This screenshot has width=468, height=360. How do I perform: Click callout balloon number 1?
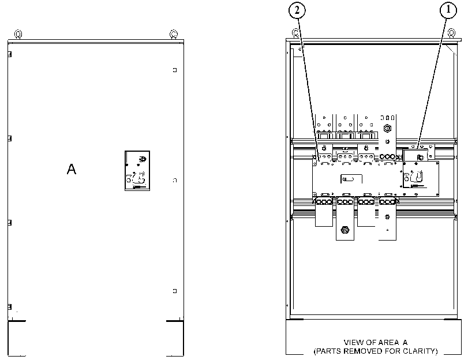(448, 10)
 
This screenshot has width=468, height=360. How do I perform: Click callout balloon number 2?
(297, 10)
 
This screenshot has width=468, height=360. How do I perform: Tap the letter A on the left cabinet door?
(72, 169)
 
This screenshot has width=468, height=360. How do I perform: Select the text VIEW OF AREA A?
(376, 342)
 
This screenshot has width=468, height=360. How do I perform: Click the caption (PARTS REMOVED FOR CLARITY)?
(376, 351)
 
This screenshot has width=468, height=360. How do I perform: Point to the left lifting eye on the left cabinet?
(18, 34)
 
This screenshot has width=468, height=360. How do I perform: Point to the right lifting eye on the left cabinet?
(174, 34)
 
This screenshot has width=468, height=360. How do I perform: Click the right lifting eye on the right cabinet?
(452, 33)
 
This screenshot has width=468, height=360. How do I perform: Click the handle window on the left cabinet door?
(137, 170)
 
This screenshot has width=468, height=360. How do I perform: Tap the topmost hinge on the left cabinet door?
(10, 54)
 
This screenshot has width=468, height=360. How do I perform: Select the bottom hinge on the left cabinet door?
(10, 306)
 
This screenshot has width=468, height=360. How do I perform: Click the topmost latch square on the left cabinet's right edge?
(175, 70)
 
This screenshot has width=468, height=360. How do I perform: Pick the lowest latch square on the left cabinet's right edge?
(175, 291)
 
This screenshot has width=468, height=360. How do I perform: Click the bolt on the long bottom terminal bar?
(345, 230)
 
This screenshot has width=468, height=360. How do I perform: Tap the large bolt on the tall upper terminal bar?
(387, 129)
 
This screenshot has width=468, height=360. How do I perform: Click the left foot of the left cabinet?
(17, 338)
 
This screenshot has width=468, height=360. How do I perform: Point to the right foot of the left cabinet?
(175, 338)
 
